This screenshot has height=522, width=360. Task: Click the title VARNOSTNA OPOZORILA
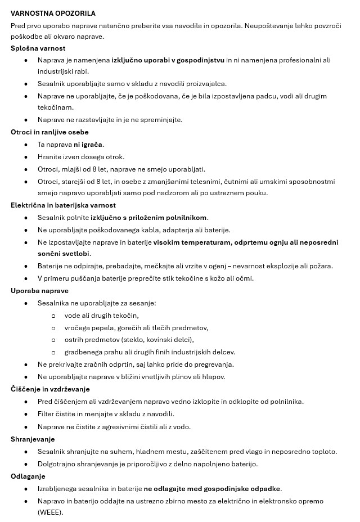click(x=53, y=13)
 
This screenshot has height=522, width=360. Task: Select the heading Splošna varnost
click(x=38, y=48)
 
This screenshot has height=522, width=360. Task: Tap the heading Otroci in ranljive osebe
click(x=49, y=132)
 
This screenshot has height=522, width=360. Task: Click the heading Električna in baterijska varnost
click(x=63, y=205)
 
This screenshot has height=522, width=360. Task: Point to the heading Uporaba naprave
click(x=39, y=291)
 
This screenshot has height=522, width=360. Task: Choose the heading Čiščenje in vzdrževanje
click(x=50, y=389)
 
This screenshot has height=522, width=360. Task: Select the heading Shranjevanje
click(x=33, y=439)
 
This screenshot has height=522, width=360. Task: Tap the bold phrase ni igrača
click(x=88, y=145)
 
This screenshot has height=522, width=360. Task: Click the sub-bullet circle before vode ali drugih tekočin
click(x=53, y=316)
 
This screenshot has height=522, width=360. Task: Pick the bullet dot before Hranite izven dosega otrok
click(x=26, y=157)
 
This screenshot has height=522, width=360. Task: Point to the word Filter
click(x=47, y=415)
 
